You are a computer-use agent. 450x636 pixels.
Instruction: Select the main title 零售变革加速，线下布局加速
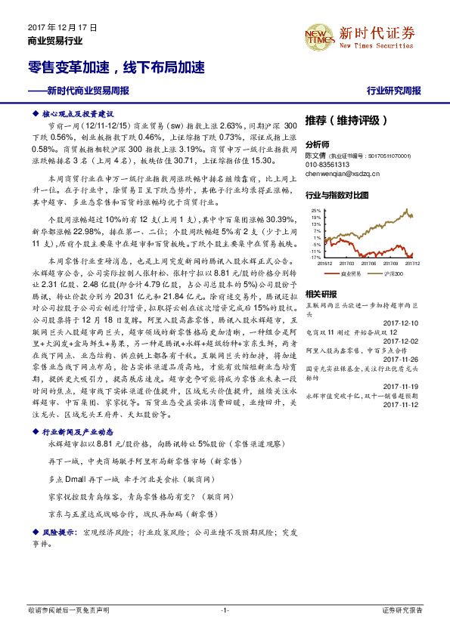pyautogui.click(x=111, y=68)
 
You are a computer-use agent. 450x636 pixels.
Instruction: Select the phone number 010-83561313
pyautogui.click(x=327, y=164)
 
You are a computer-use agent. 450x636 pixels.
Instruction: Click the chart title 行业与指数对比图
pyautogui.click(x=337, y=195)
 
